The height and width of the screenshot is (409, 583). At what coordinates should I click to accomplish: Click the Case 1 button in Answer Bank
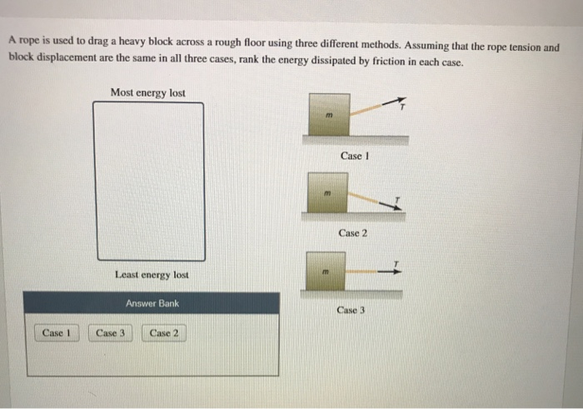(55, 333)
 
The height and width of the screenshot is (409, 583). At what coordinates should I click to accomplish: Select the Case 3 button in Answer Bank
(110, 333)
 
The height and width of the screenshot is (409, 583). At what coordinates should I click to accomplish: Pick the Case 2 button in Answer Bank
(163, 333)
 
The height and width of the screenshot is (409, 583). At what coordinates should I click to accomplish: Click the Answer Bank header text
(152, 304)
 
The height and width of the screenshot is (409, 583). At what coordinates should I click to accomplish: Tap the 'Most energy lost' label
(147, 92)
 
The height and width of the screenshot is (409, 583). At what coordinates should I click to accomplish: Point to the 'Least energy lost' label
(152, 274)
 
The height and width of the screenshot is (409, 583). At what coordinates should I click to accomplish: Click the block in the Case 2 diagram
(329, 193)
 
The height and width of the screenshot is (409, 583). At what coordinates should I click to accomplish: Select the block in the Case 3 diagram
(329, 271)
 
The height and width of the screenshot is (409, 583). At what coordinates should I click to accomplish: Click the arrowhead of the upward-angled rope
(398, 100)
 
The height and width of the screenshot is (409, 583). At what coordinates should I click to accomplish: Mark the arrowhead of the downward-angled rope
(395, 206)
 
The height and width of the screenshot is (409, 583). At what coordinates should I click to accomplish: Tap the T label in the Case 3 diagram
(397, 261)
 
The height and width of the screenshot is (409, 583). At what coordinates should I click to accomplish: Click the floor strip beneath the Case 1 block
(354, 141)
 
